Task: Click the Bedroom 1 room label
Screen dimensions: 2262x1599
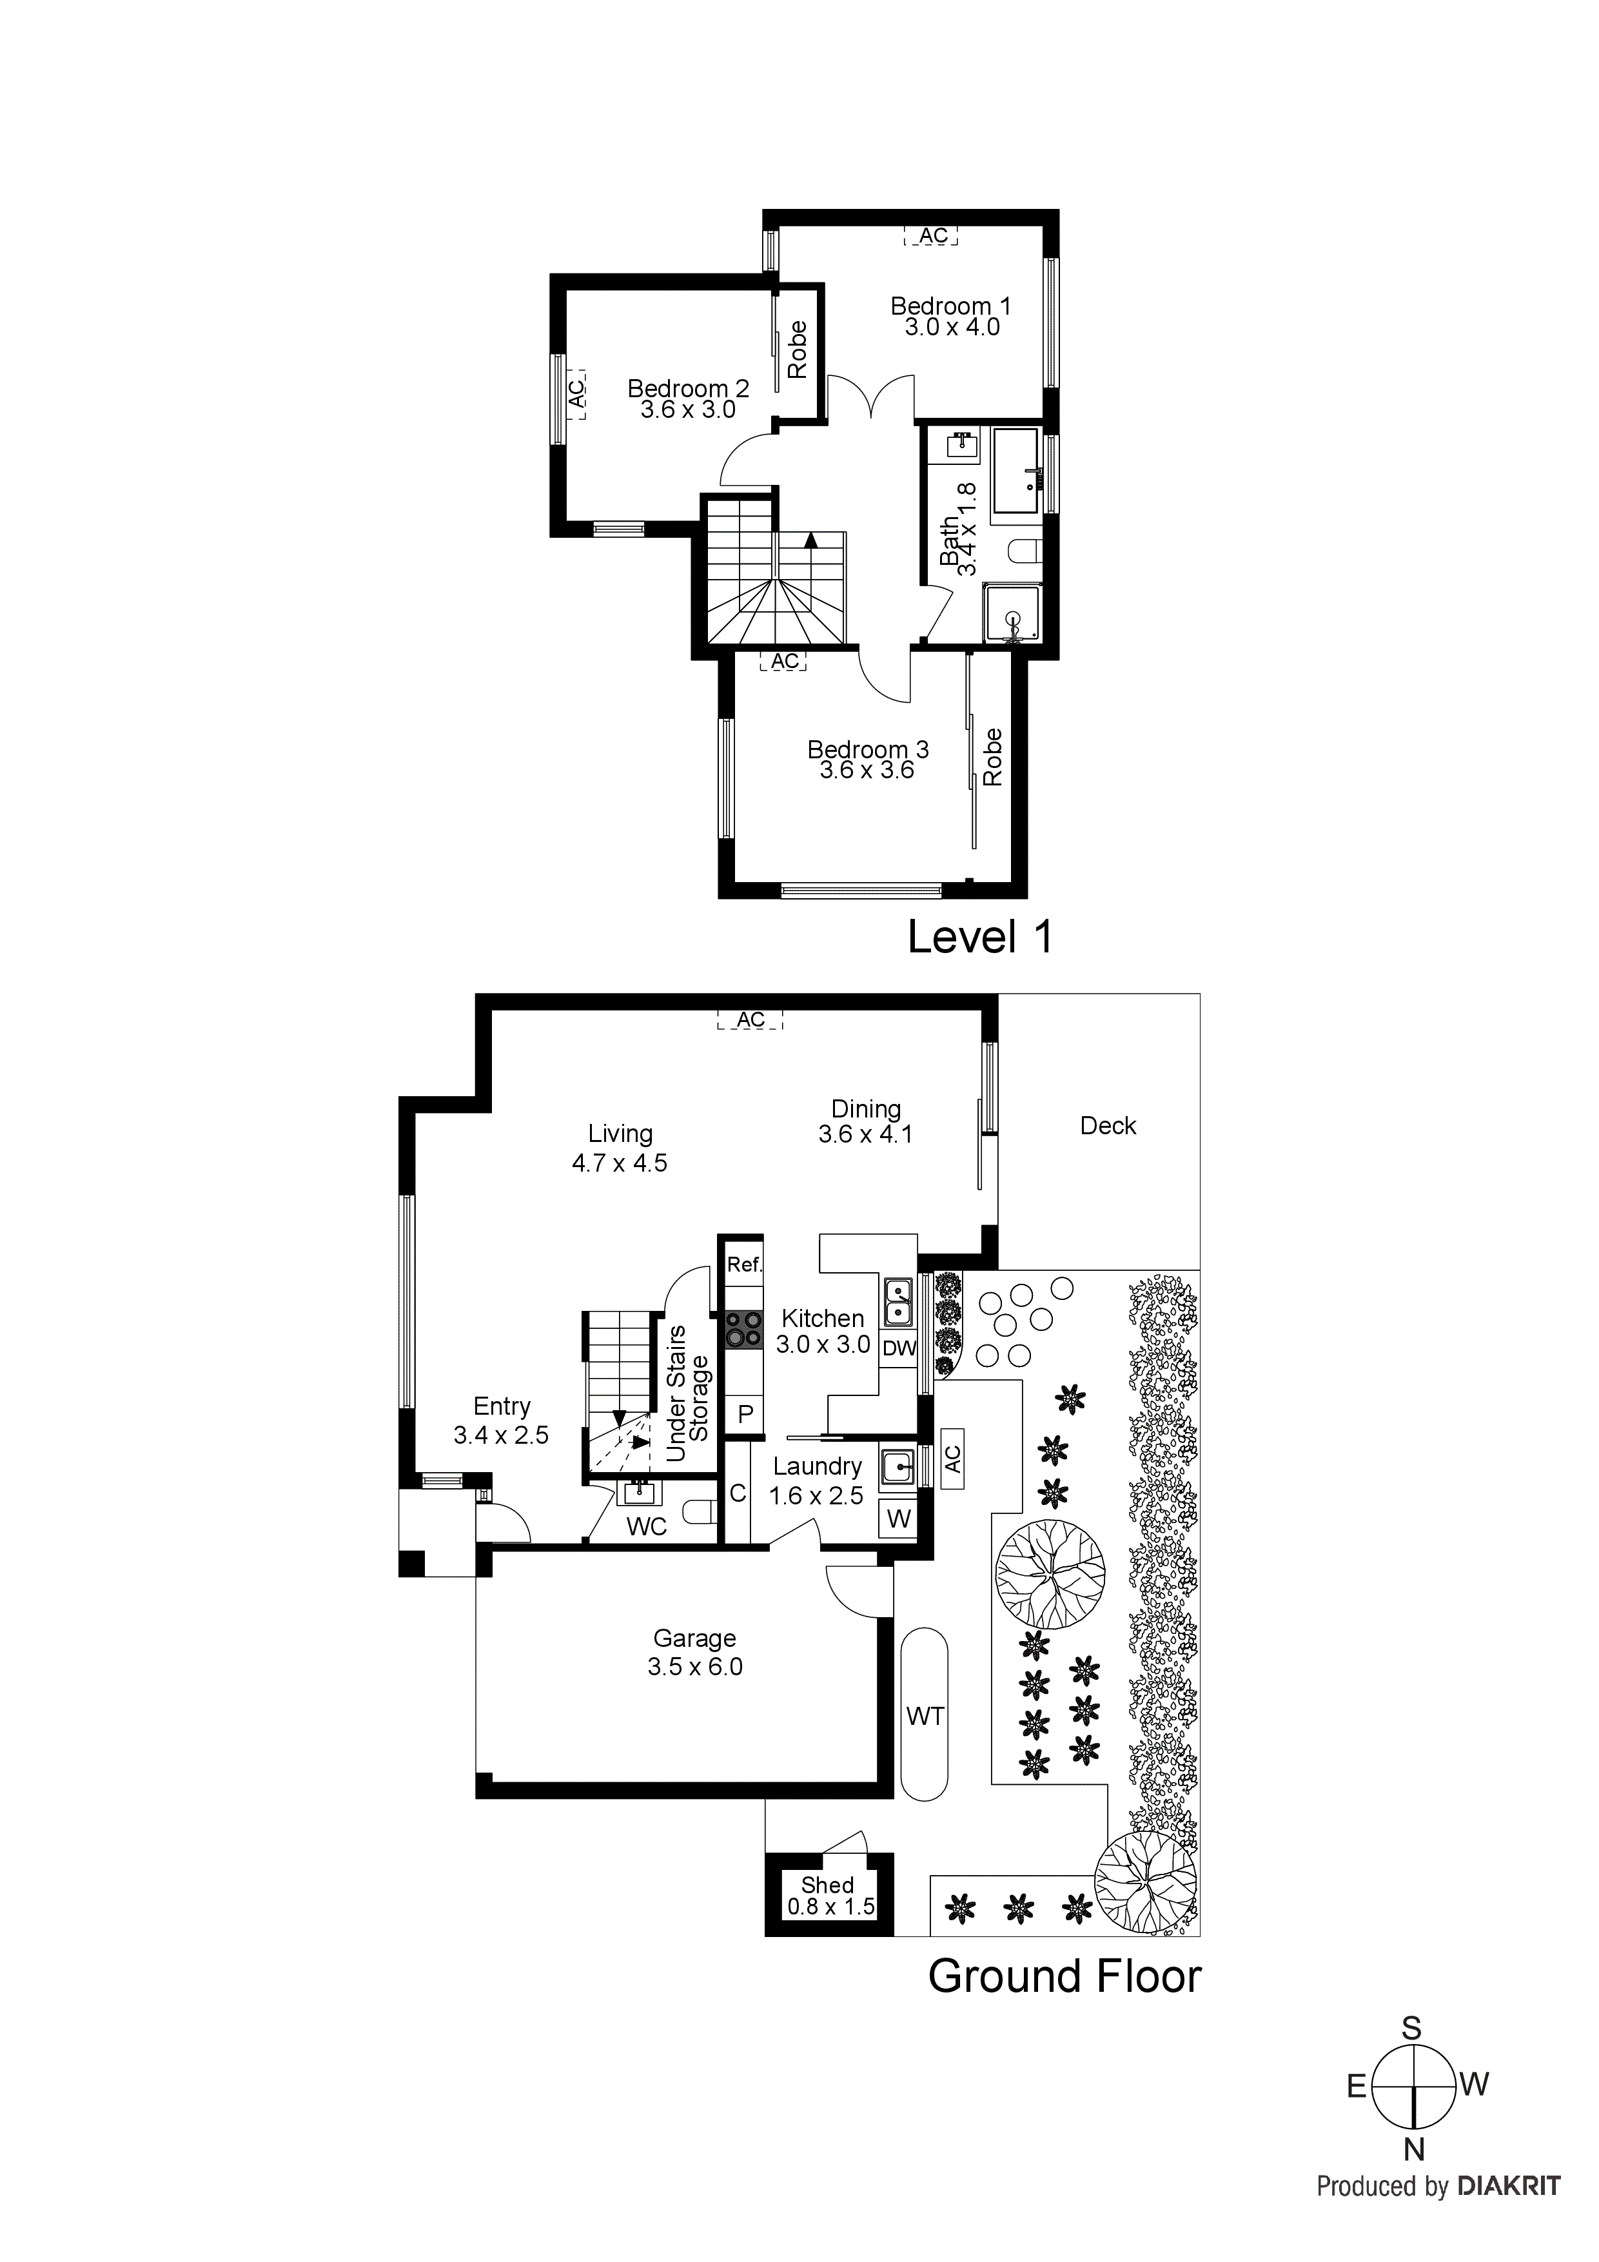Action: (x=951, y=306)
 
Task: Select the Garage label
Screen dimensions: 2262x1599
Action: (x=694, y=1638)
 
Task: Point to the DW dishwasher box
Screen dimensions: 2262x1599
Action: (x=899, y=1349)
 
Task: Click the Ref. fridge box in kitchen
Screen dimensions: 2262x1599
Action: (x=744, y=1265)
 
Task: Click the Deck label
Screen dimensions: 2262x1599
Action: (x=1108, y=1126)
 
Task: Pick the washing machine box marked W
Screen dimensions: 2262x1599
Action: (x=899, y=1519)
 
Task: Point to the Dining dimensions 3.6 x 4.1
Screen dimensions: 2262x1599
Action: (x=865, y=1135)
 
